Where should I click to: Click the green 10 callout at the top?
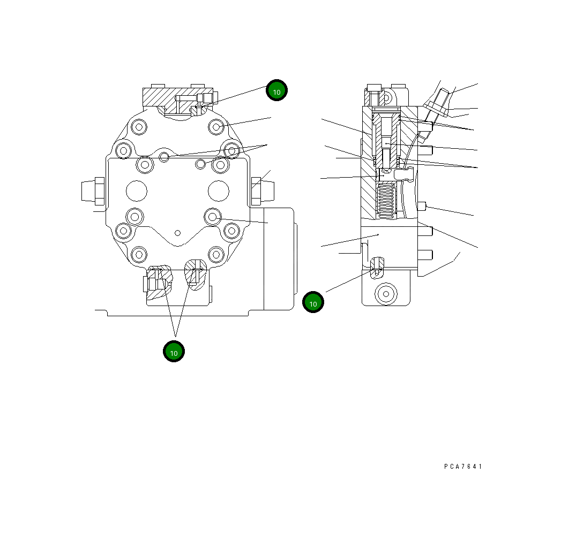(277, 91)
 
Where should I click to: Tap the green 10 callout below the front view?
(174, 352)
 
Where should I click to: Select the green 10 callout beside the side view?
(313, 302)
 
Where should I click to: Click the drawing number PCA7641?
(463, 467)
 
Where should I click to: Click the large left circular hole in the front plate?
(136, 190)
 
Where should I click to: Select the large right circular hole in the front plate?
(218, 190)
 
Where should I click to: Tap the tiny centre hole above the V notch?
(177, 233)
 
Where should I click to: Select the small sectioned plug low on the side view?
(378, 266)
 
